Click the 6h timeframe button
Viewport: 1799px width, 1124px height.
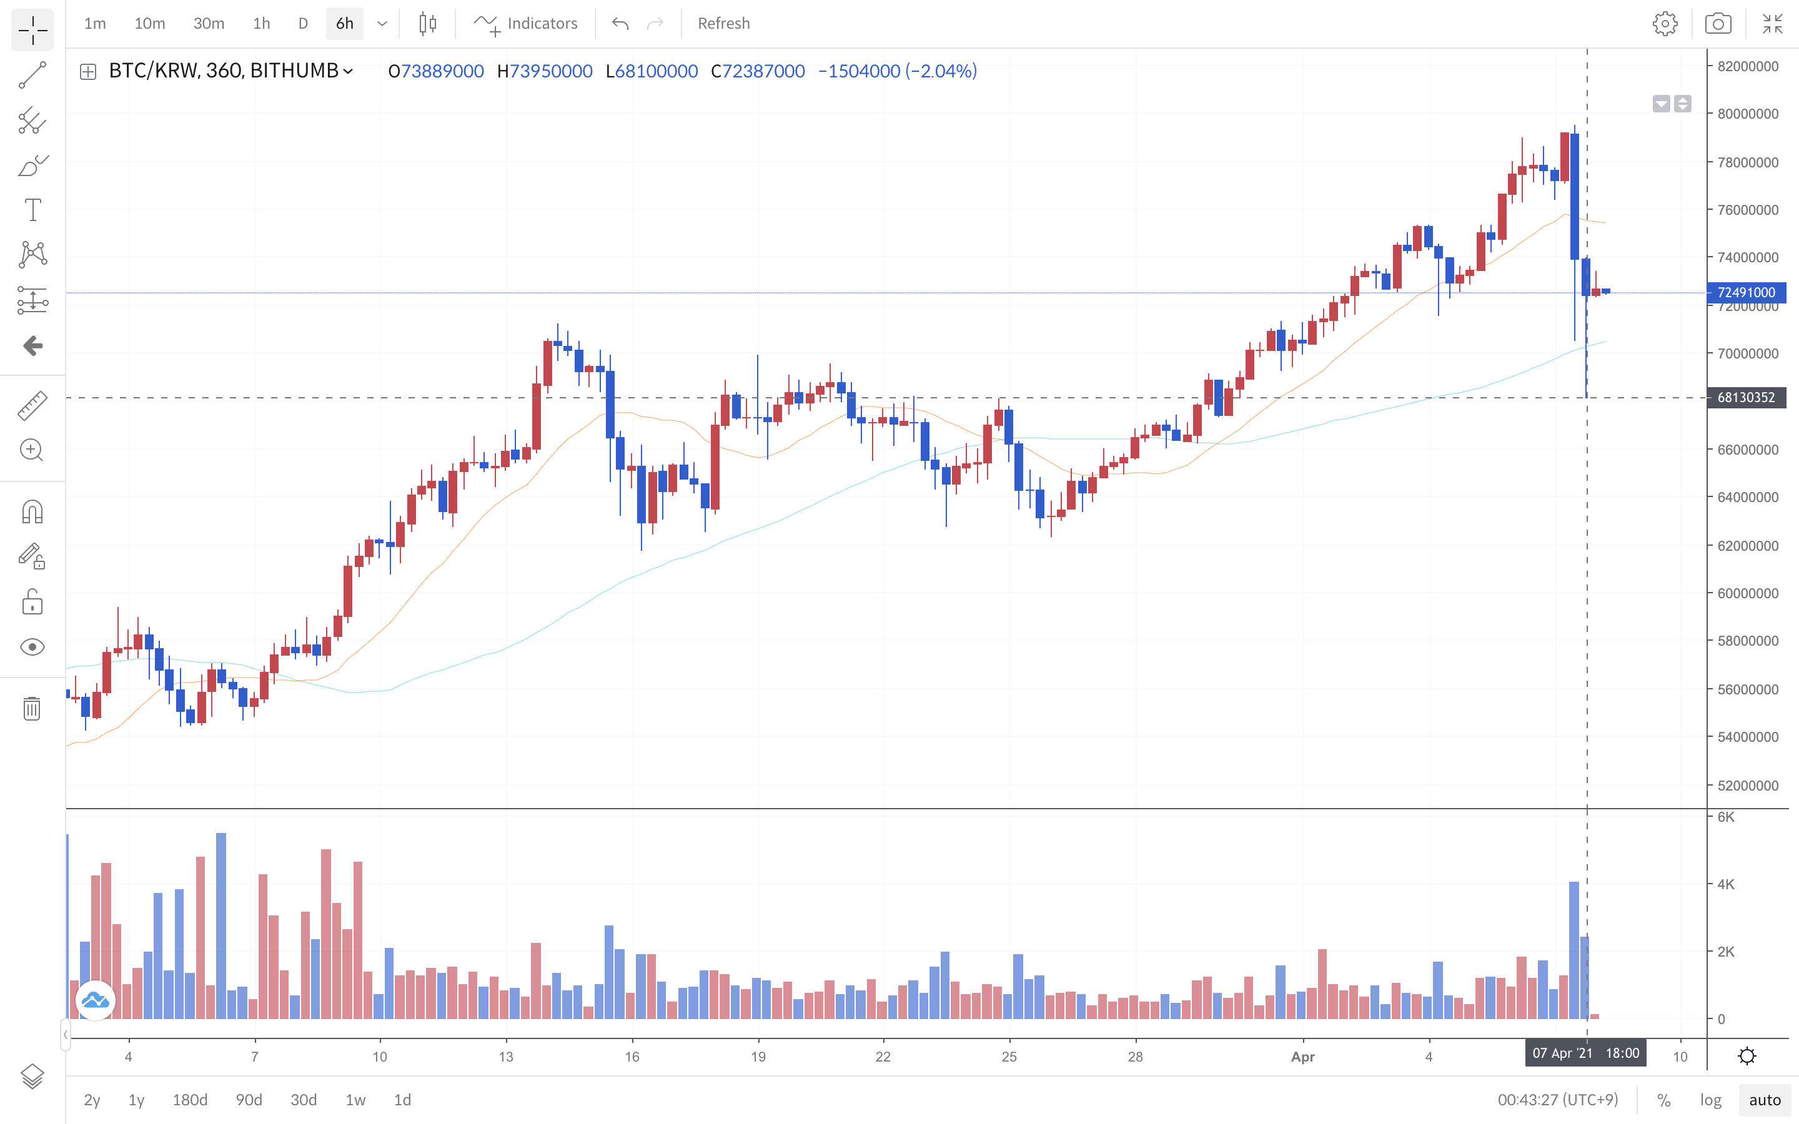344,24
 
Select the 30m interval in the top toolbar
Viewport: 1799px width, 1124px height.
208,24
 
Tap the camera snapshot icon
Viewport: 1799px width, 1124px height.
1717,24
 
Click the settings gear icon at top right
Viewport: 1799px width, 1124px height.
1665,24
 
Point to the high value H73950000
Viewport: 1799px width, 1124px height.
545,71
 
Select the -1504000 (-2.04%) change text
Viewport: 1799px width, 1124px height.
897,71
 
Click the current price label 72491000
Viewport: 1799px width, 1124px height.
1747,292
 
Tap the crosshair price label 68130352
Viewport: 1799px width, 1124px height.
1747,398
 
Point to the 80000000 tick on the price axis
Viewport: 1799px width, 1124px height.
1748,114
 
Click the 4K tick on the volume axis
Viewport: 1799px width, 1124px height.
1725,884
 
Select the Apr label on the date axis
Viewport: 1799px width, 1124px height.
1302,1057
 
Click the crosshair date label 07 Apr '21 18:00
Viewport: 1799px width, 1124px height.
1585,1053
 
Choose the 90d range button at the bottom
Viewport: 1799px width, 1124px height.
249,1100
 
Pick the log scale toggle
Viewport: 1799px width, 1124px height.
1710,1100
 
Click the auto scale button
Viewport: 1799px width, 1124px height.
1765,1100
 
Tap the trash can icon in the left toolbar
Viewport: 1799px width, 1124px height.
32,709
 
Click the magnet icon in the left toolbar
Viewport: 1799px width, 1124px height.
32,512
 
